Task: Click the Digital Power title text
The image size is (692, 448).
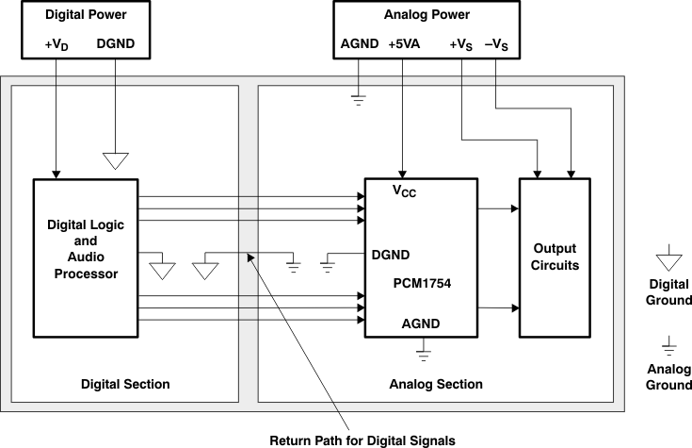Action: click(87, 16)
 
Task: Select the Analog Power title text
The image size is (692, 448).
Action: click(428, 16)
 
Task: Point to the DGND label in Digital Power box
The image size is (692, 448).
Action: click(116, 43)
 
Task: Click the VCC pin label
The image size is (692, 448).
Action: click(404, 191)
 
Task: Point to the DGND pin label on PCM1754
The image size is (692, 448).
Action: click(390, 254)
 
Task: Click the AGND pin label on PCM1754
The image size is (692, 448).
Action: click(422, 324)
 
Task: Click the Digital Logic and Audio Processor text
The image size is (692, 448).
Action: click(86, 250)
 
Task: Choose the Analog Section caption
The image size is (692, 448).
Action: click(436, 384)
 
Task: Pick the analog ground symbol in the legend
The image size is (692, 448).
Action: click(668, 344)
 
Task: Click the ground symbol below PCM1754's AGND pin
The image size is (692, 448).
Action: click(423, 354)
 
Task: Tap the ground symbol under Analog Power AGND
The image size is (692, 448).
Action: click(358, 99)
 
